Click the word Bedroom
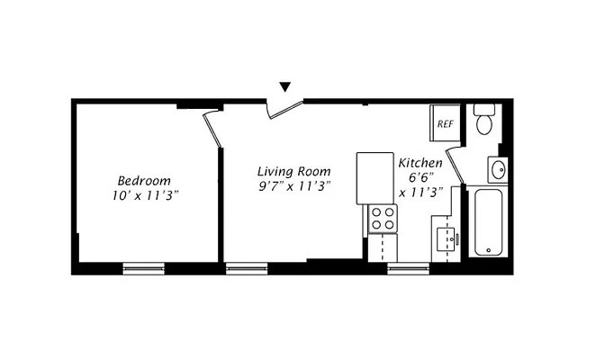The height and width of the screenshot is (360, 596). pos(143,180)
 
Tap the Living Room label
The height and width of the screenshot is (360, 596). pos(293,171)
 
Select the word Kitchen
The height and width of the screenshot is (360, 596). pos(420,163)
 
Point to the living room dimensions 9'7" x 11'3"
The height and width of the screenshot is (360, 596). pos(294,186)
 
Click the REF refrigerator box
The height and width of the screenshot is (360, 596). pos(446,124)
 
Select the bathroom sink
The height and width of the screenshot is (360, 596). pos(497,169)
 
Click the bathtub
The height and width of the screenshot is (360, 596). pos(487,221)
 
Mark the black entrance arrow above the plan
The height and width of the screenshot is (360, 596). pos(285,87)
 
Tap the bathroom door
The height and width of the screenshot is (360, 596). pos(455,163)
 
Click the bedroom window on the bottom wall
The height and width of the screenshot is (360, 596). pos(144,267)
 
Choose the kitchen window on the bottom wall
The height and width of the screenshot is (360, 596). pos(408,267)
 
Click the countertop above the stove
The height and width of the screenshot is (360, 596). pos(372,178)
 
